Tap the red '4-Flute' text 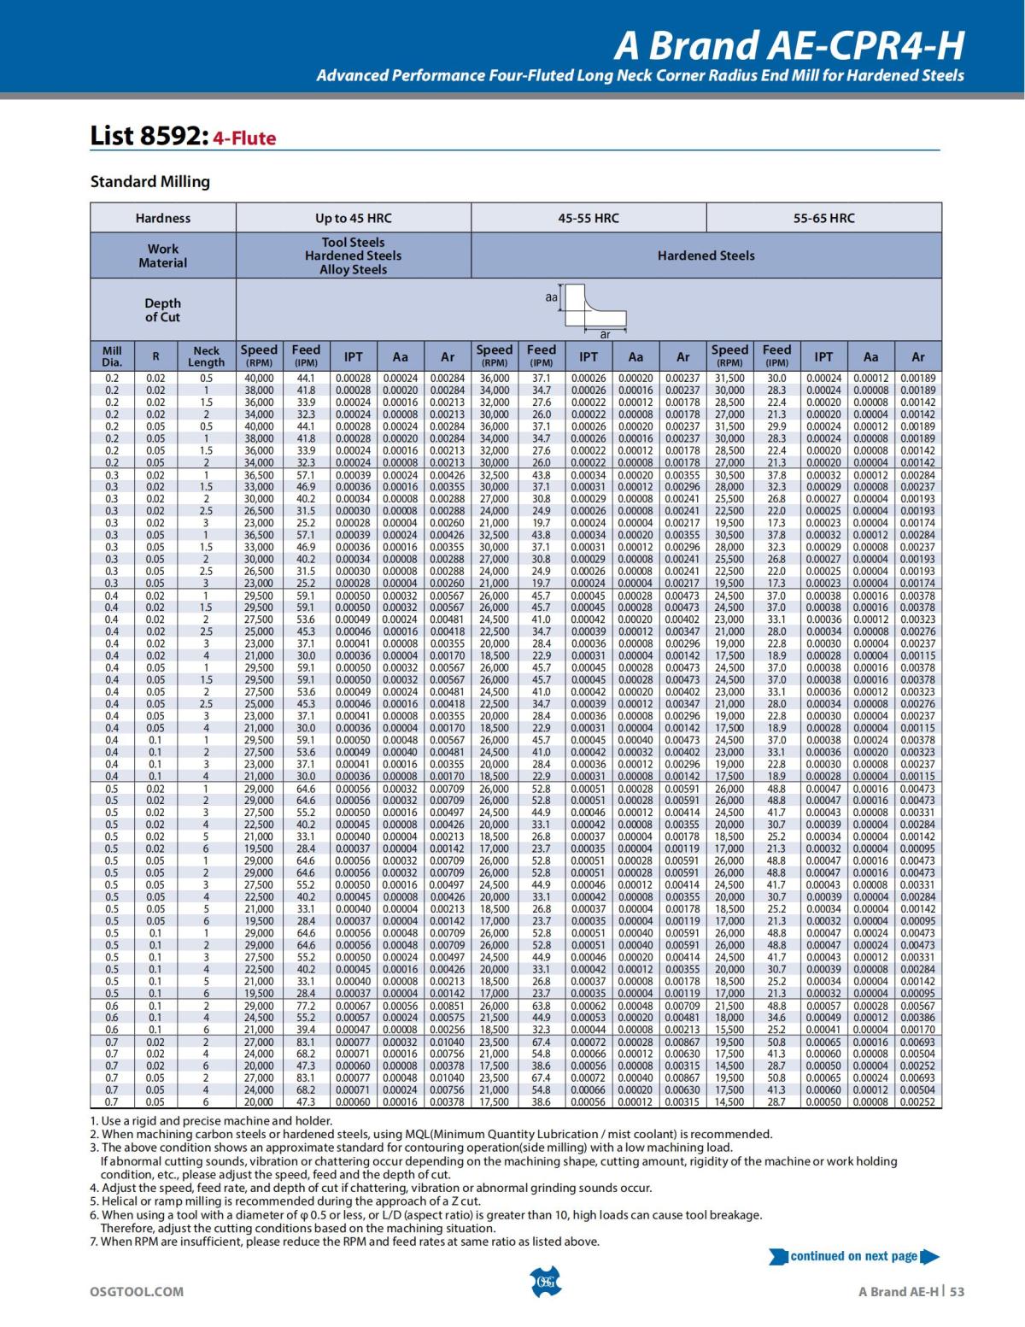(244, 138)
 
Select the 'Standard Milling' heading (150, 181)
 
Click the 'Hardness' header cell (162, 218)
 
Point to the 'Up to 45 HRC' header (353, 218)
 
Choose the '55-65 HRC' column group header (823, 218)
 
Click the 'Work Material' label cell (162, 255)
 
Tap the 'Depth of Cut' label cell (162, 309)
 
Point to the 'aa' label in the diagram (551, 297)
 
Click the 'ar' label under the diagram (605, 334)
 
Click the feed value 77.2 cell (306, 1006)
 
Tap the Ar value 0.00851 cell (447, 1006)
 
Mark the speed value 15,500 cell (729, 1030)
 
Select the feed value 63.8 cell (541, 1006)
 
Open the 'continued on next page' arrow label (854, 1256)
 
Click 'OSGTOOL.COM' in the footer (137, 1291)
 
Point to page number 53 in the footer (957, 1291)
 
